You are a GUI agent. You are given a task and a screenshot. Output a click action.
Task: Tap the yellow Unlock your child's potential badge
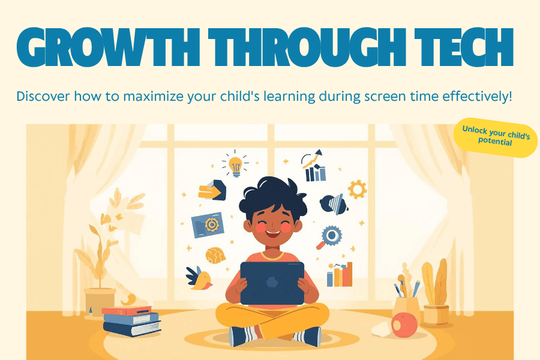tap(496, 136)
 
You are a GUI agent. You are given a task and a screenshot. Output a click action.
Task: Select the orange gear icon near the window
tap(357, 190)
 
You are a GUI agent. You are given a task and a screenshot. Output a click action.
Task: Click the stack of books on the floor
tap(131, 321)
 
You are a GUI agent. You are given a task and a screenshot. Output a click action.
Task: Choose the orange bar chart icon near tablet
tap(340, 275)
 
